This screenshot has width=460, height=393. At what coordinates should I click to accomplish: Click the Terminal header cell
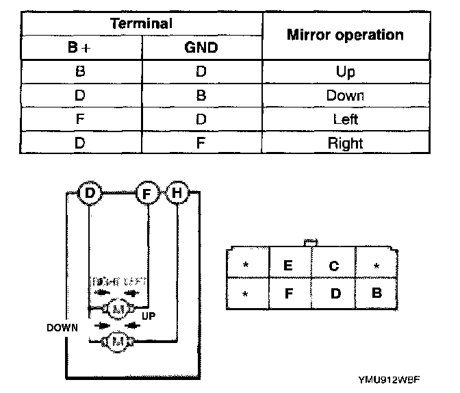[x=141, y=23]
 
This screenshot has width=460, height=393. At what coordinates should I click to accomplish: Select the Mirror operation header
[x=345, y=35]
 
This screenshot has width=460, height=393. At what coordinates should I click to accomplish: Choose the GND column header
[x=201, y=48]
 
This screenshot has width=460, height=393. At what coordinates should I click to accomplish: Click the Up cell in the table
[x=345, y=71]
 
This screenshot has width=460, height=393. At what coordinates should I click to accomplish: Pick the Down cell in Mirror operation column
[x=345, y=96]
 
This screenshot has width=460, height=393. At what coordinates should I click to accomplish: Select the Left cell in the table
[x=345, y=120]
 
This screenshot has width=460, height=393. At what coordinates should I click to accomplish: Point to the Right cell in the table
[x=345, y=144]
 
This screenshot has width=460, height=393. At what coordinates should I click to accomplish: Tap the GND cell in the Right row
[x=201, y=144]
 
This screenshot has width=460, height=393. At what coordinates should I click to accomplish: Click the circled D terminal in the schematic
[x=90, y=194]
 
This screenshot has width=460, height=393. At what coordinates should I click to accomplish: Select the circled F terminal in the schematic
[x=147, y=194]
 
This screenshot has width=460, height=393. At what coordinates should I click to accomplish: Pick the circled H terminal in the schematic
[x=177, y=194]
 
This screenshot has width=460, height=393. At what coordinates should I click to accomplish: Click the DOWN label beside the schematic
[x=62, y=327]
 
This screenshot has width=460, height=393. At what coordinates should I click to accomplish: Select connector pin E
[x=288, y=266]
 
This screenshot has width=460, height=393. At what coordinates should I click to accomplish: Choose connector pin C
[x=333, y=266]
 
